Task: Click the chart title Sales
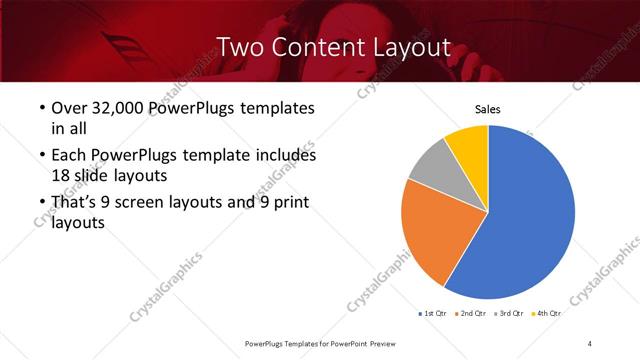(x=487, y=110)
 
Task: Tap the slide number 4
(x=590, y=343)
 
